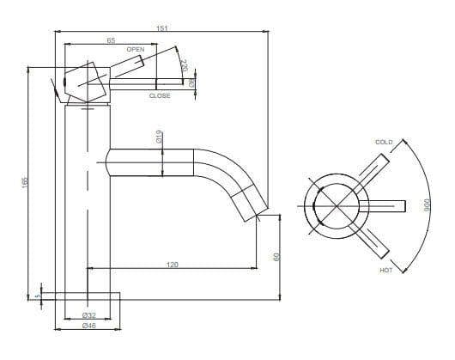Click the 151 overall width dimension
tap(161, 28)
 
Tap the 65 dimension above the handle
tap(112, 40)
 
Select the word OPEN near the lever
tap(135, 50)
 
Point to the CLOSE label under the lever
tap(160, 95)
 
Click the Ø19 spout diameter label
tap(160, 137)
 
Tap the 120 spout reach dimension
tap(172, 265)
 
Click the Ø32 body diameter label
tap(88, 315)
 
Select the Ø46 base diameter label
tap(88, 326)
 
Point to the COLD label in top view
tap(384, 141)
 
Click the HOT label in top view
tap(385, 270)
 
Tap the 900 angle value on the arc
tap(425, 206)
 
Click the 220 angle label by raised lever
tap(183, 64)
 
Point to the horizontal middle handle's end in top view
tap(404, 205)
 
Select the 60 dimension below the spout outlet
tap(276, 256)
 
